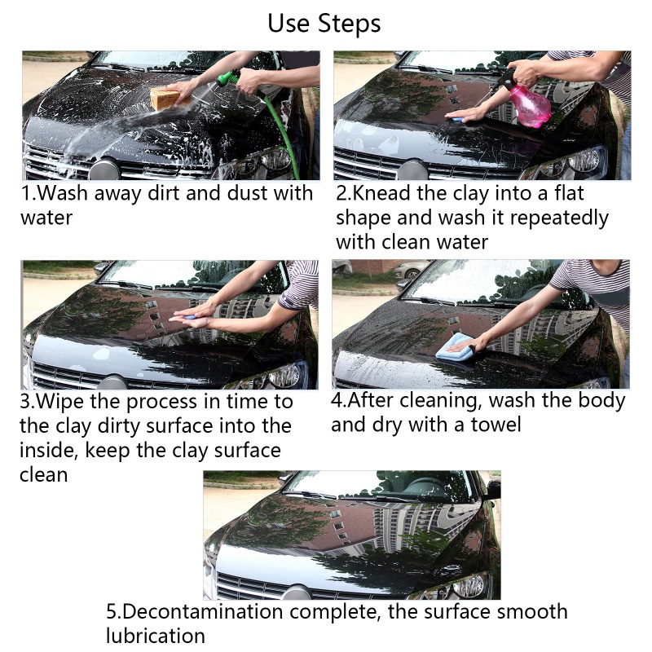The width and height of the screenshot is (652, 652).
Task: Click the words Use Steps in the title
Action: click(x=324, y=24)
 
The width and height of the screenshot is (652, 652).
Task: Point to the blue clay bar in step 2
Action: click(x=456, y=120)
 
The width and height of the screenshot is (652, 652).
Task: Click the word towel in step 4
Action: click(x=496, y=425)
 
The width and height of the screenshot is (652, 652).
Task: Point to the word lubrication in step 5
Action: click(x=156, y=636)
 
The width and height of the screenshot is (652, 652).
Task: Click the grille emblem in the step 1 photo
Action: click(x=104, y=170)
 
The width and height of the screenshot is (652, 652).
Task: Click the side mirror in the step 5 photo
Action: click(x=493, y=490)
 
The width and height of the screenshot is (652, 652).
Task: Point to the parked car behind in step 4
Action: click(x=412, y=270)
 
